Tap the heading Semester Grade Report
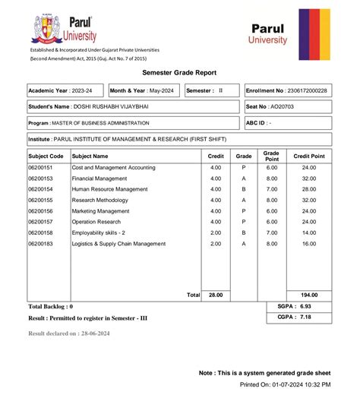180,73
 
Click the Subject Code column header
45,155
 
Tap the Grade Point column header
271,155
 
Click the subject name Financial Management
99,178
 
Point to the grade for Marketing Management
244,210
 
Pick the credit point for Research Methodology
308,200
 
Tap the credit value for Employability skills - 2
216,232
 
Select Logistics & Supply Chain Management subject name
118,244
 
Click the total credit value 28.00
216,294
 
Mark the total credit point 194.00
308,294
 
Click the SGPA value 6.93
305,305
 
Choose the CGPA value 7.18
305,316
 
